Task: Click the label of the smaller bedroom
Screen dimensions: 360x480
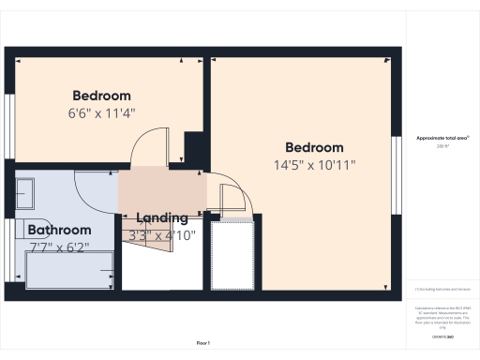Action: click(101, 96)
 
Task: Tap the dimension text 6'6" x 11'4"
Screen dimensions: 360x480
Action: click(101, 114)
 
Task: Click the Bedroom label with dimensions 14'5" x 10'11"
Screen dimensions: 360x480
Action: click(314, 147)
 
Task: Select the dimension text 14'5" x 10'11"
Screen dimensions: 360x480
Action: click(314, 166)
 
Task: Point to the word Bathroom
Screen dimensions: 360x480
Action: click(59, 230)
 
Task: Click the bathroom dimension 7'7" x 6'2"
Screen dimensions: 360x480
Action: click(59, 247)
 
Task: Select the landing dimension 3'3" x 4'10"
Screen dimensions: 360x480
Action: click(163, 235)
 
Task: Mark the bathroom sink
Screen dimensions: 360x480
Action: click(25, 192)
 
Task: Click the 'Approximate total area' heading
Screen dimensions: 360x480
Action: click(442, 138)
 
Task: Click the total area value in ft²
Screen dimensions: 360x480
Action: click(442, 146)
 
